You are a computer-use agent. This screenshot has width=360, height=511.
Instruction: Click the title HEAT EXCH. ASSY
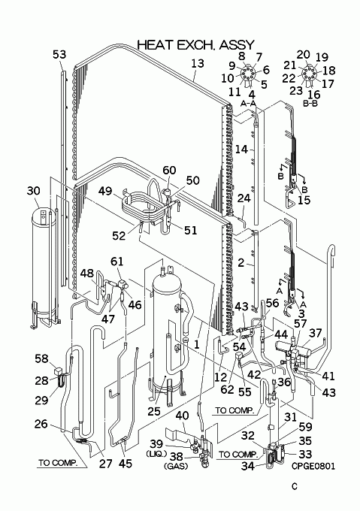pos(195,44)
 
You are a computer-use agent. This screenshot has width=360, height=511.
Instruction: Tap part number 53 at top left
pos(59,54)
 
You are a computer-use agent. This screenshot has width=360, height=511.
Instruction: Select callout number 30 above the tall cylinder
pos(33,191)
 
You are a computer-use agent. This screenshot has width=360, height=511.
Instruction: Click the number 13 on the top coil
pos(198,63)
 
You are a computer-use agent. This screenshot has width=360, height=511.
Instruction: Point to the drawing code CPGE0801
pos(313,467)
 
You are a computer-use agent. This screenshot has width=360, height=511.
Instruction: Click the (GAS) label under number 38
pos(177,467)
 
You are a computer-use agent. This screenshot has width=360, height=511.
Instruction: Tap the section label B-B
pos(310,104)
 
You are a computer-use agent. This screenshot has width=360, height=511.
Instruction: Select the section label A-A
pos(249,103)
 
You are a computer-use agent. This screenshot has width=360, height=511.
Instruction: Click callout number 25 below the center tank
pos(154,411)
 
